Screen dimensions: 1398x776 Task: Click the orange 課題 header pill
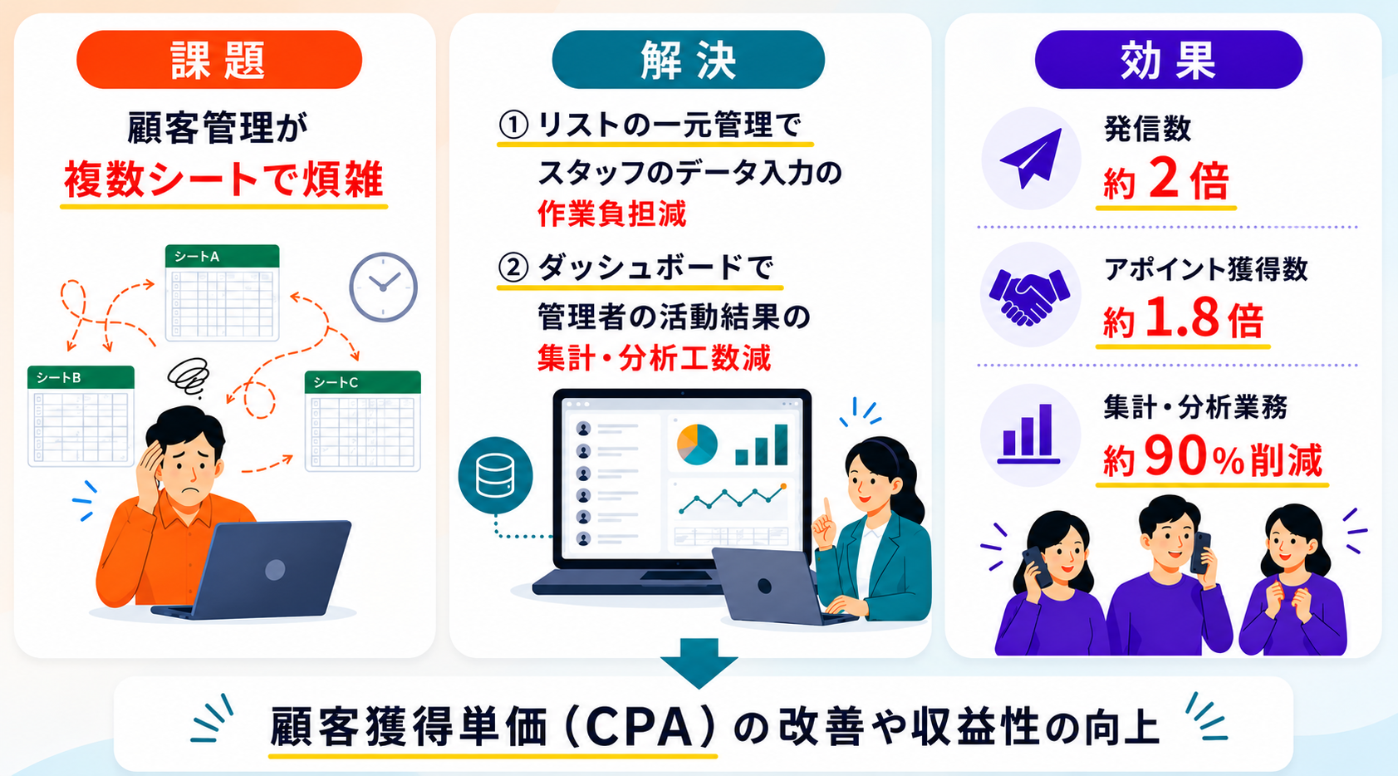tap(219, 60)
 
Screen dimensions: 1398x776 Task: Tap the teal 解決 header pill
tap(689, 60)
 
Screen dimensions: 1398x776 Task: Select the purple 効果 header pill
tap(1169, 60)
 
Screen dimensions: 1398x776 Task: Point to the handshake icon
tap(1030, 297)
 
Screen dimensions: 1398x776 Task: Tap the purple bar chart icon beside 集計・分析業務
tap(1028, 435)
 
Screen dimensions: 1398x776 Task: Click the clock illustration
tap(383, 287)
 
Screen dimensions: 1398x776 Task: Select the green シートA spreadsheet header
tap(222, 256)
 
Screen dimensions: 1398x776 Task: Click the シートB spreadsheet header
tap(81, 377)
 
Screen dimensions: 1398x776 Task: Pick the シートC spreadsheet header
tap(363, 382)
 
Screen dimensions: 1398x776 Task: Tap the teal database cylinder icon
tap(496, 475)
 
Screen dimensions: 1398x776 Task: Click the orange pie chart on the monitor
tap(697, 444)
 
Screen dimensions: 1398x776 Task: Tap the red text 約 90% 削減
tap(1212, 459)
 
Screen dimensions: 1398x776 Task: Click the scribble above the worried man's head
tap(189, 376)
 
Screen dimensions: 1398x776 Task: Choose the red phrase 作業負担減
tap(611, 214)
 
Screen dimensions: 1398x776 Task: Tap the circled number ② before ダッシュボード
tap(513, 268)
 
